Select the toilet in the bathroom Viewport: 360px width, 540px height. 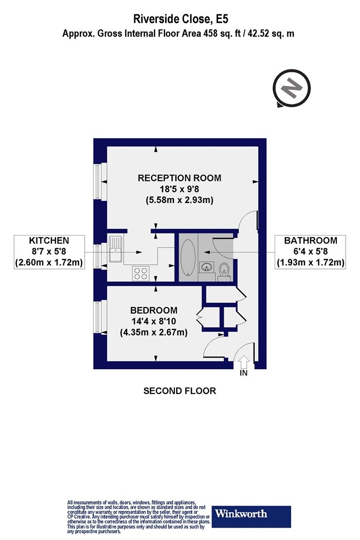(x=224, y=272)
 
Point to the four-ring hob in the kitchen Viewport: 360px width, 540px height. (x=140, y=274)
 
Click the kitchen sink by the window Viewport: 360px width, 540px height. (x=115, y=248)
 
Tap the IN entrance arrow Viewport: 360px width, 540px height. (x=244, y=363)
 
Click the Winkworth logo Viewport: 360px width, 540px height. (x=251, y=516)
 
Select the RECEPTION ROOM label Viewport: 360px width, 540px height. (x=179, y=178)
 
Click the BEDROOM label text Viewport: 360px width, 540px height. (x=154, y=310)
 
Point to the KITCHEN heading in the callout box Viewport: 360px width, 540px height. (x=49, y=240)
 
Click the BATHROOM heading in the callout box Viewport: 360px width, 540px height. (x=311, y=240)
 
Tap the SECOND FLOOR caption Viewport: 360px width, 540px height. (x=179, y=391)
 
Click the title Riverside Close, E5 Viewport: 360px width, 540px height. (x=181, y=19)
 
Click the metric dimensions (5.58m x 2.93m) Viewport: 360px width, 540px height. (x=179, y=200)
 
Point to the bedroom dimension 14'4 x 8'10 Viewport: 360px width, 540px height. (x=154, y=321)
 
